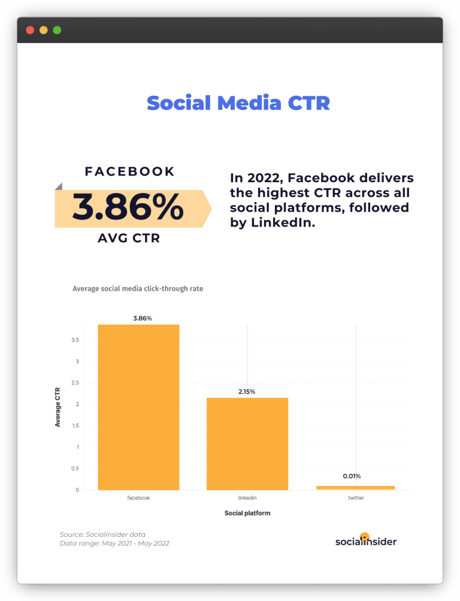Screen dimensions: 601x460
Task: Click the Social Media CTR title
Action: tap(238, 103)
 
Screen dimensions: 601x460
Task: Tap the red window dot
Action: tap(30, 30)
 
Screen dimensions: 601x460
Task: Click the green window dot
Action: tap(57, 30)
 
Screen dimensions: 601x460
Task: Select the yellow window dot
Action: tap(43, 30)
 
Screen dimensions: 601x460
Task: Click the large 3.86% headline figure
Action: tap(128, 208)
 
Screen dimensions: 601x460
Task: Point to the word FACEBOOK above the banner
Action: tap(130, 171)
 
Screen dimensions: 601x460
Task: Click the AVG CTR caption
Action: tap(129, 238)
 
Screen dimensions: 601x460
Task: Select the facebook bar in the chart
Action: tap(138, 407)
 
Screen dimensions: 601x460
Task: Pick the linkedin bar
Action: tap(247, 443)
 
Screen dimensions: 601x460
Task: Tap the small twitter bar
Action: tap(356, 487)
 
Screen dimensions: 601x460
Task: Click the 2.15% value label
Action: tap(247, 391)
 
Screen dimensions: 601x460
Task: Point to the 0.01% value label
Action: tap(352, 476)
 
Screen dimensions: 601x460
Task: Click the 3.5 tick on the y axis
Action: tap(75, 340)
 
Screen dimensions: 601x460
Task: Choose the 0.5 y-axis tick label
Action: tap(75, 469)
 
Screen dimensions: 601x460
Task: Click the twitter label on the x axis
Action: tap(356, 498)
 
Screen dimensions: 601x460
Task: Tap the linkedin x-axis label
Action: tap(247, 498)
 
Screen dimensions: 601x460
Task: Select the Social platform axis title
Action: tap(247, 514)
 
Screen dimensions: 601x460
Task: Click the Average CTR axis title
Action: tap(58, 406)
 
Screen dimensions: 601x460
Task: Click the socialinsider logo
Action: tap(365, 540)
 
